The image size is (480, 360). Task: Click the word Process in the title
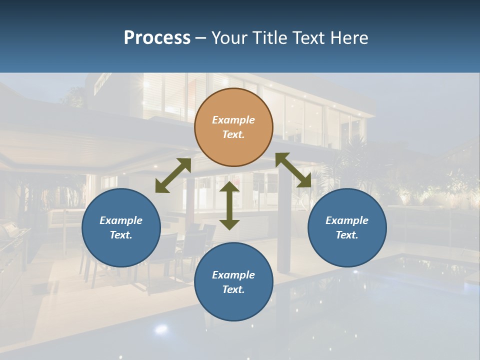click(157, 38)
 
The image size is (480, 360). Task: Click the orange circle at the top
click(233, 127)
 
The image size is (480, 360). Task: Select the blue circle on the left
click(121, 227)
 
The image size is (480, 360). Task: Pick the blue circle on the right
click(347, 227)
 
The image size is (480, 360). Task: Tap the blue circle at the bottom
click(233, 282)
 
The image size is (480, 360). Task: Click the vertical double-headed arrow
click(229, 205)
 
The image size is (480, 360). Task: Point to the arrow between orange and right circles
click(293, 170)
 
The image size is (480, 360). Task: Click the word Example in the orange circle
click(233, 120)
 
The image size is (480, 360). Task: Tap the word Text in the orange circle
click(233, 134)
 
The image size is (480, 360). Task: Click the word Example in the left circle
click(121, 220)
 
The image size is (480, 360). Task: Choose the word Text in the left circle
click(121, 235)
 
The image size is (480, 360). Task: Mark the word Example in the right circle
click(347, 220)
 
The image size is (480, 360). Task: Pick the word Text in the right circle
click(347, 235)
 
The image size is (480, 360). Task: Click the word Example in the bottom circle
click(233, 275)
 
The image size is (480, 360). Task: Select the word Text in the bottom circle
click(233, 289)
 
